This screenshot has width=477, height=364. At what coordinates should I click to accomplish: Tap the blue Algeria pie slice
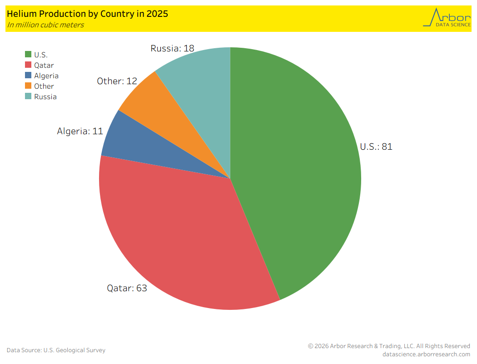click(136, 146)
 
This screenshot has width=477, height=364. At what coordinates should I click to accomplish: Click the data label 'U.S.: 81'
click(376, 147)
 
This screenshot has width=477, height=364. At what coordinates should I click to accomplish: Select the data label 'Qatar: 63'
click(127, 288)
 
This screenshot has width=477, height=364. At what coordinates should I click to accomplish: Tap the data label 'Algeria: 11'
click(80, 131)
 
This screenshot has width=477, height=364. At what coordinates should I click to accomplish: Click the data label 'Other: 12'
click(117, 81)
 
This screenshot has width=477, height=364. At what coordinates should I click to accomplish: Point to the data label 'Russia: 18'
click(173, 48)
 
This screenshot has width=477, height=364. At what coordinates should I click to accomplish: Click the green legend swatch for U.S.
click(28, 55)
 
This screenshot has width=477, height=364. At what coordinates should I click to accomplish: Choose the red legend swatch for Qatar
click(28, 66)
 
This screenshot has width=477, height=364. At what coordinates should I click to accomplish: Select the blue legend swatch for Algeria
click(28, 76)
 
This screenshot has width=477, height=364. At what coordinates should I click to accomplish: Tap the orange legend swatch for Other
click(28, 86)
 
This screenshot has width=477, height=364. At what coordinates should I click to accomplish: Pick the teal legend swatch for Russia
click(28, 96)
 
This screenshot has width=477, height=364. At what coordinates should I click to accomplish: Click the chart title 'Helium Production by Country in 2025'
click(87, 14)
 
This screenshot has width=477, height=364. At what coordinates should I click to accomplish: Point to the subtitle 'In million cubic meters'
click(45, 25)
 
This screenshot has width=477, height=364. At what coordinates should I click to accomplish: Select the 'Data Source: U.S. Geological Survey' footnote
click(56, 350)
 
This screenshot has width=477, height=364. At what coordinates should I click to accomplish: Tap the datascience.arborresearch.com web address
click(426, 354)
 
